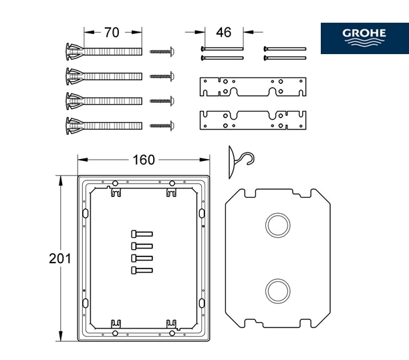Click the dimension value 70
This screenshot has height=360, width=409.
click(x=112, y=32)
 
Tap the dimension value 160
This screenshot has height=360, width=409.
click(x=143, y=160)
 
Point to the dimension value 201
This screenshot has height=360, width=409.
click(x=60, y=258)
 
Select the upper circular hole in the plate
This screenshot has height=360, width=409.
click(x=276, y=224)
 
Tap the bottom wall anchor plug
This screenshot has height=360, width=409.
click(x=104, y=125)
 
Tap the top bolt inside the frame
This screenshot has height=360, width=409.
click(x=142, y=234)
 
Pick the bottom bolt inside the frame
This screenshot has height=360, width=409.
click(x=142, y=270)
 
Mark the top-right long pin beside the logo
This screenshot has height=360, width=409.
click(x=285, y=49)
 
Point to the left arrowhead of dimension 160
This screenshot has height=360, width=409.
click(x=81, y=160)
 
